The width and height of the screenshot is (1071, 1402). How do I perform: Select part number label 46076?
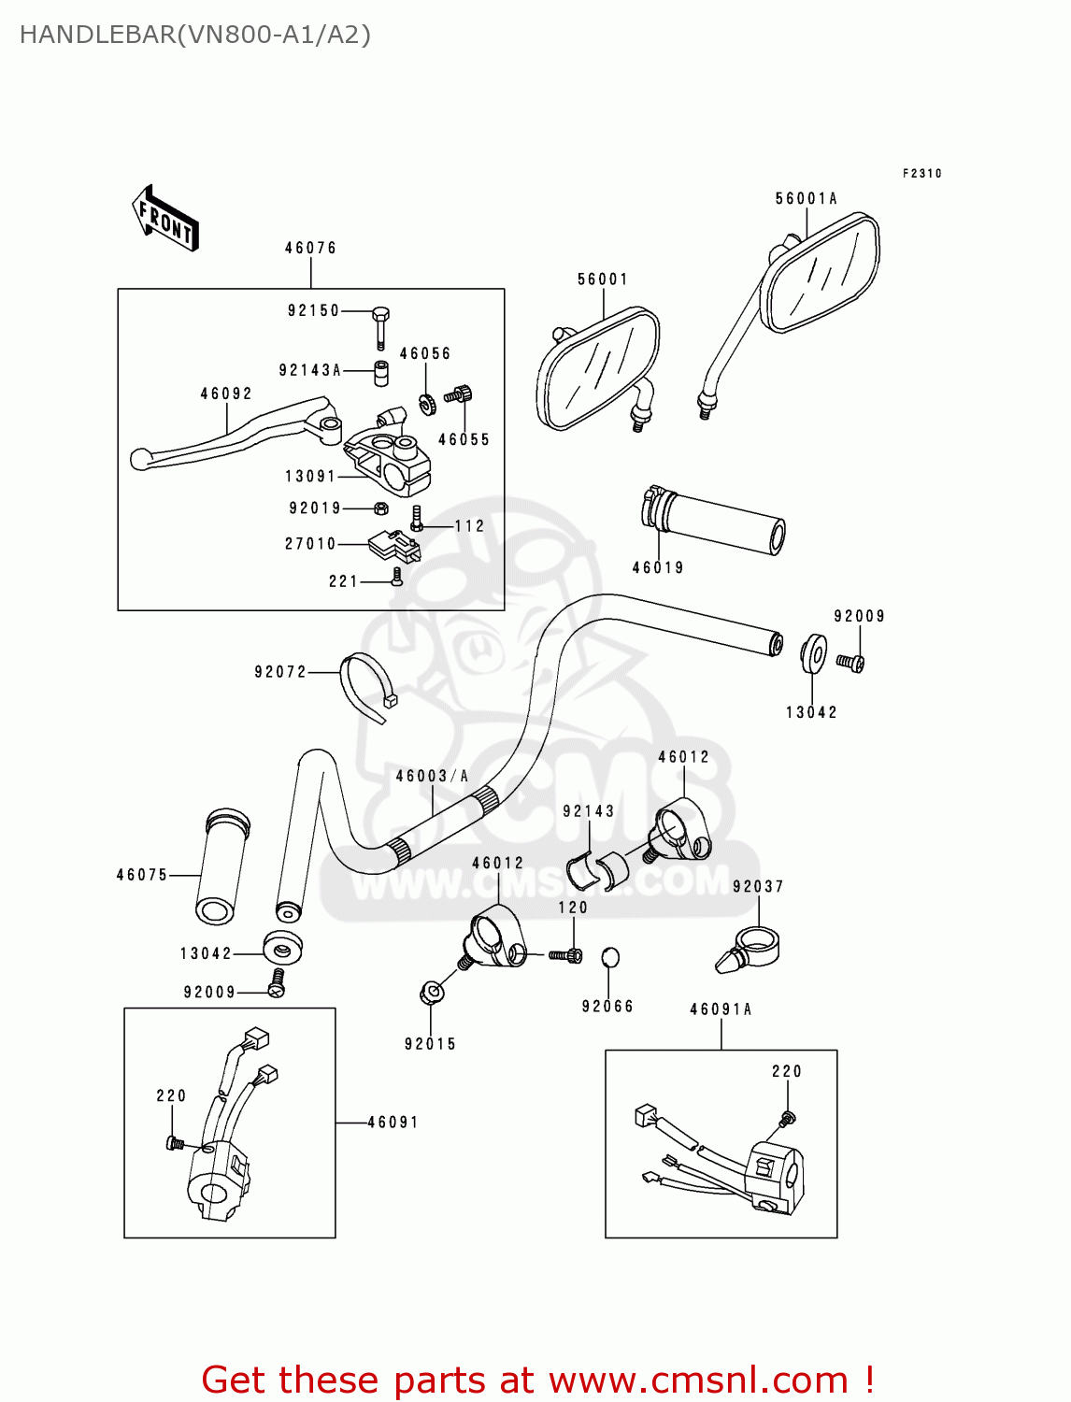tap(310, 248)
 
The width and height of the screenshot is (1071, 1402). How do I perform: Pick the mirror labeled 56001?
tap(598, 368)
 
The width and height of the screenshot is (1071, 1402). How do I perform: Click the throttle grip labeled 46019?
tap(715, 522)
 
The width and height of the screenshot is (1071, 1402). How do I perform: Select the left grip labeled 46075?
tap(222, 866)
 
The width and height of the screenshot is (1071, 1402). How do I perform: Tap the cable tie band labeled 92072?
tap(365, 687)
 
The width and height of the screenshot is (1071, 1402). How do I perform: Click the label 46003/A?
tap(432, 776)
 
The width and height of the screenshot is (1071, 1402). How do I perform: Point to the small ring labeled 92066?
tap(609, 956)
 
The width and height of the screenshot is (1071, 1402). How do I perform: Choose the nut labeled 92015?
tap(431, 993)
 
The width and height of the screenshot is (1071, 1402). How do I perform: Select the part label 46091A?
tap(721, 1009)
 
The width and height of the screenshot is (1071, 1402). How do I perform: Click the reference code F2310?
tap(921, 173)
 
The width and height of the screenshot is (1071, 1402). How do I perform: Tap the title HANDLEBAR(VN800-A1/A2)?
tap(195, 35)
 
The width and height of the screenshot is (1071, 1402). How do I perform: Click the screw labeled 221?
tap(398, 578)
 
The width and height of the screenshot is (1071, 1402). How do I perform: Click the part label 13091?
tap(310, 477)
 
